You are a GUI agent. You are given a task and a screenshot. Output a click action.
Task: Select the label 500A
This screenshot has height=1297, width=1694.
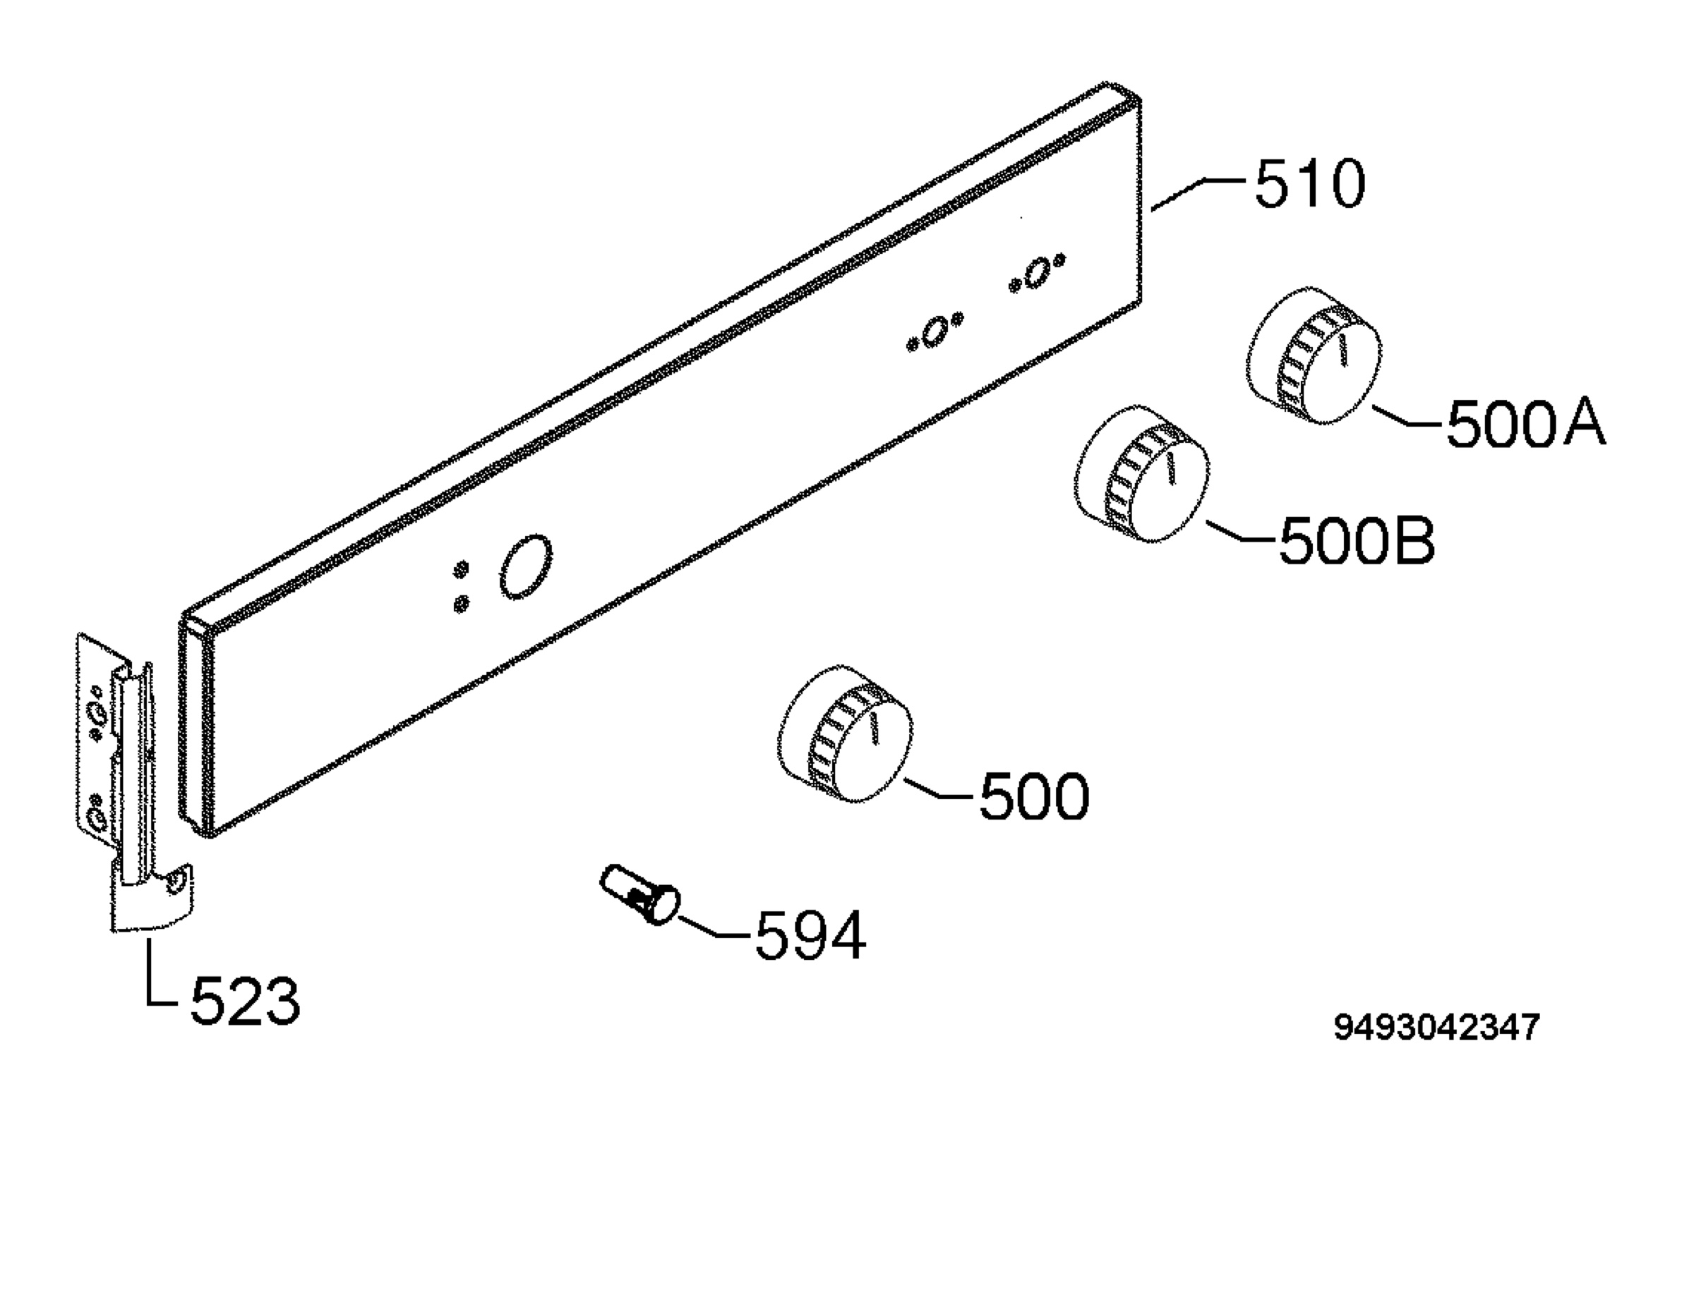(1525, 424)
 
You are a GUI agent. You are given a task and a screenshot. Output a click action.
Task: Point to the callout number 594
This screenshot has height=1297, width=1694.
(810, 935)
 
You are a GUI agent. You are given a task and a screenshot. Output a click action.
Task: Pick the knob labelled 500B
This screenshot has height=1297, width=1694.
(1143, 473)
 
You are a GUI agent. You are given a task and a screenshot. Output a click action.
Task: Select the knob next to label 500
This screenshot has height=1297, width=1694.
(845, 733)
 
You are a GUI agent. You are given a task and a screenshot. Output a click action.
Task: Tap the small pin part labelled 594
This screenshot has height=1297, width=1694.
(639, 895)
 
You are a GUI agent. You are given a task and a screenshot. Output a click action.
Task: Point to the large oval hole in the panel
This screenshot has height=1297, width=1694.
(526, 566)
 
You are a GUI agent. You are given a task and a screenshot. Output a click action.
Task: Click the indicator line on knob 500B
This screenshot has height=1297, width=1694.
(1170, 468)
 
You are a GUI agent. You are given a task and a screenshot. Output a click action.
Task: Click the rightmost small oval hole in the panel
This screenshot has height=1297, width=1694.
(1037, 274)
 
